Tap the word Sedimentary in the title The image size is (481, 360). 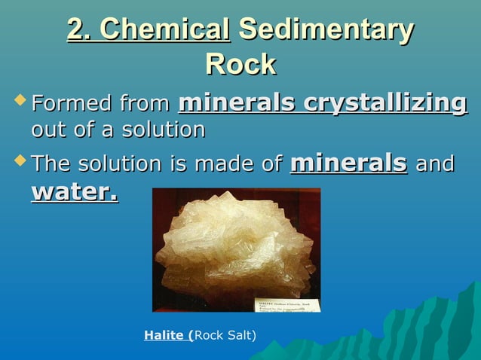point(326,30)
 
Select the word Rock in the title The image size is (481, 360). point(240,65)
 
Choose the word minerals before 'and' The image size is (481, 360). point(348,163)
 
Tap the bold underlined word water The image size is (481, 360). point(75,191)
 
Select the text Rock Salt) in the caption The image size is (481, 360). point(226,334)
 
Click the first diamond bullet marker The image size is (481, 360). point(20,100)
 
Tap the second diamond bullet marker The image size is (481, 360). point(20,161)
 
